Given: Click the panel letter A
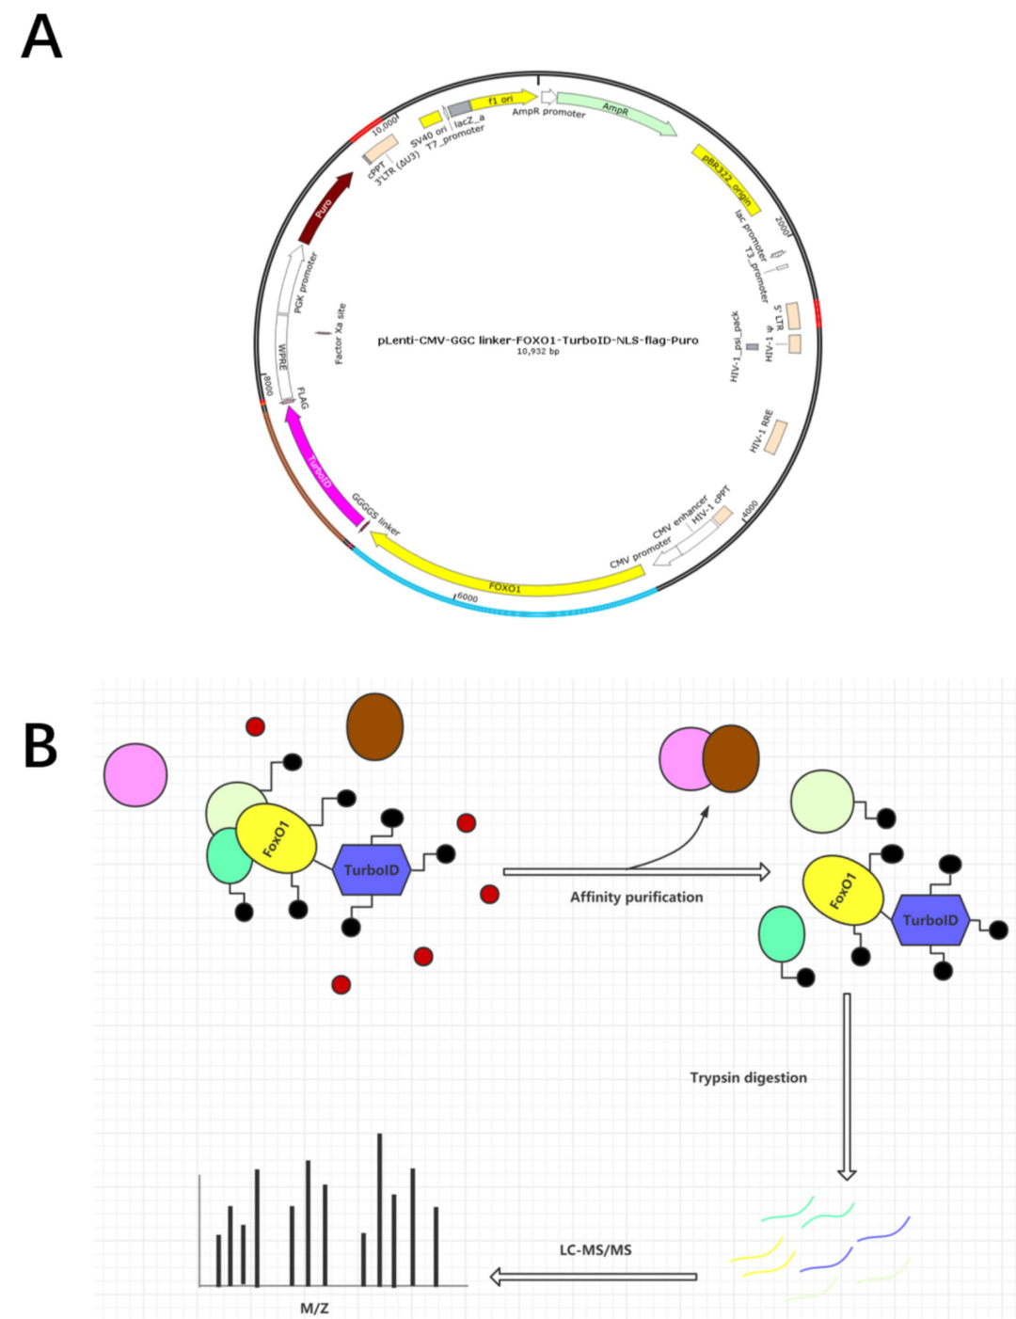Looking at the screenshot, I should [41, 39].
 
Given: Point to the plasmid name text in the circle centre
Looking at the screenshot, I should [537, 341].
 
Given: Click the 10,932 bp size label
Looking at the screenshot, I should [537, 352].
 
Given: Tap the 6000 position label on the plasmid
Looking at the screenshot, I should [467, 597].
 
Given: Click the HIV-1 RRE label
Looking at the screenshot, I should [762, 431].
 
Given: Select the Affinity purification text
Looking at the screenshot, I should [636, 898].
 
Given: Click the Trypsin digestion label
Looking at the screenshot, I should [748, 1078].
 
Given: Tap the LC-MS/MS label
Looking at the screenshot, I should [595, 1250].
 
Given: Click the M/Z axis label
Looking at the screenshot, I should [314, 1308].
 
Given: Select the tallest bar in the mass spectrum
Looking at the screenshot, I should [380, 1209].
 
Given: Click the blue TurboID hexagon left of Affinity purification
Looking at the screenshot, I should [371, 870].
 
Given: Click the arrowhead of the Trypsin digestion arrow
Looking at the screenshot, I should [847, 1173].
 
